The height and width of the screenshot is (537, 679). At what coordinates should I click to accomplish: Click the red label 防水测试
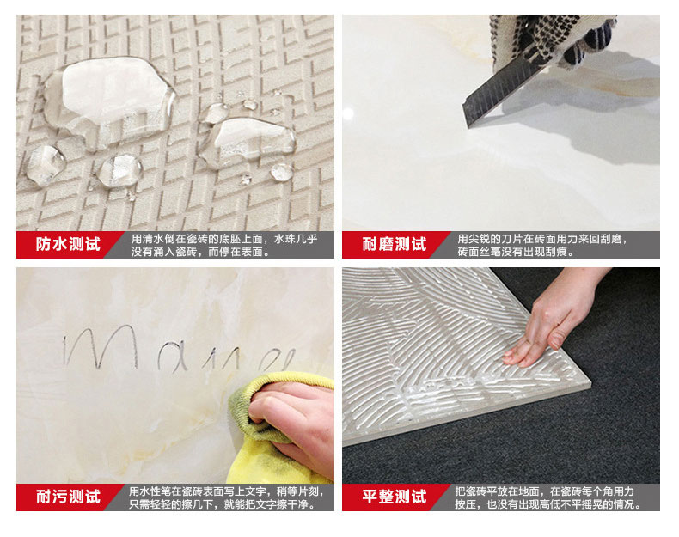click(68, 245)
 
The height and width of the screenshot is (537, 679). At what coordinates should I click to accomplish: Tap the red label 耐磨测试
click(395, 245)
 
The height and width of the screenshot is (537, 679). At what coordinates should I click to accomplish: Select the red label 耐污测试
click(68, 497)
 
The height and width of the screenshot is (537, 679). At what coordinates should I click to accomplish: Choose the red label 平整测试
click(395, 497)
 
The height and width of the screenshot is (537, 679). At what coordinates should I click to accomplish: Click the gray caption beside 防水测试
click(224, 245)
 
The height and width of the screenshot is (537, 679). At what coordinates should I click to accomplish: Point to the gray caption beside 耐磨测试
click(542, 245)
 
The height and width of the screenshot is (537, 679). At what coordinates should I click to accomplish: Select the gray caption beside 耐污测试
click(226, 497)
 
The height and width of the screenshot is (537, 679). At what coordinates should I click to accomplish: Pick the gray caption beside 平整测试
click(547, 497)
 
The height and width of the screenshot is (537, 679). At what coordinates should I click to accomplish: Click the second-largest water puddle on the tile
click(247, 141)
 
